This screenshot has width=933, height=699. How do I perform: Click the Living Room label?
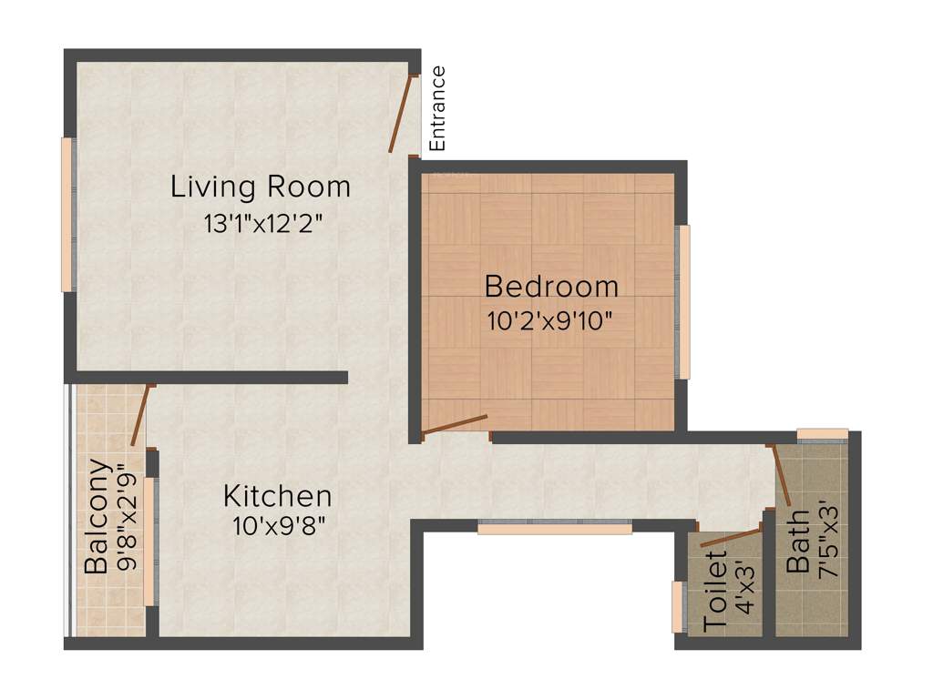click(x=261, y=187)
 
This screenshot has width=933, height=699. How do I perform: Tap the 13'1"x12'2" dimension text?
click(x=264, y=224)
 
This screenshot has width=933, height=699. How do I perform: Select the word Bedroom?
click(x=551, y=287)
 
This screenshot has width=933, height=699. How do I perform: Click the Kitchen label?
click(x=278, y=497)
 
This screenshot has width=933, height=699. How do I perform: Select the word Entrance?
click(x=438, y=108)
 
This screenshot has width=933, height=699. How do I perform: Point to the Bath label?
click(x=798, y=542)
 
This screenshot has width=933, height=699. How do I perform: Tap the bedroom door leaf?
click(x=456, y=424)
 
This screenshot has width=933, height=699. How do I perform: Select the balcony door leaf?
click(x=139, y=416)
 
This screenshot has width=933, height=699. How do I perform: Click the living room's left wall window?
click(x=67, y=214)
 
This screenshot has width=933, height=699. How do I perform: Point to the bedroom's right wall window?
click(x=683, y=301)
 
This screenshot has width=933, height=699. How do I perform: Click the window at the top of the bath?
click(x=823, y=434)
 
